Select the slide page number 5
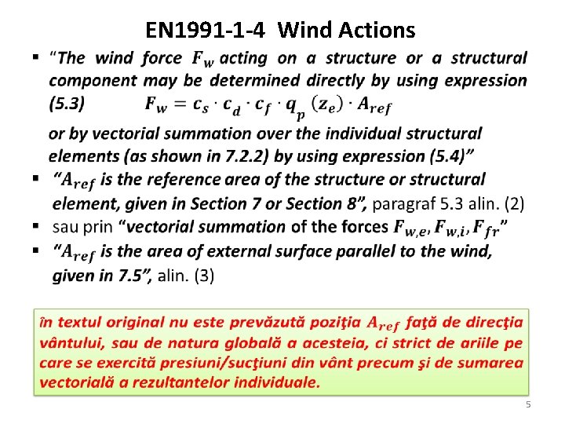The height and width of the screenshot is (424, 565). [x=528, y=404]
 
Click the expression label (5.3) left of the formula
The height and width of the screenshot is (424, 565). [x=67, y=102]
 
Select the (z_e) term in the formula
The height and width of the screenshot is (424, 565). [x=326, y=103]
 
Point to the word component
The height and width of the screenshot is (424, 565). [x=88, y=80]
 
